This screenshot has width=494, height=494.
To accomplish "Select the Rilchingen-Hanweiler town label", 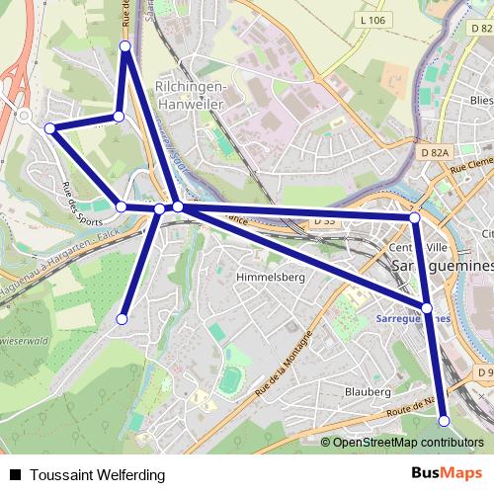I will (x=192, y=94).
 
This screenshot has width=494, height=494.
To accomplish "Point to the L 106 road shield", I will (x=371, y=20).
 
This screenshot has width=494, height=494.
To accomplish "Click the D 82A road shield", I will (x=434, y=152).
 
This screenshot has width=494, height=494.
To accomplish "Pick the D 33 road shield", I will (x=325, y=223).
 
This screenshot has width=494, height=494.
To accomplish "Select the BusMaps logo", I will (x=448, y=473).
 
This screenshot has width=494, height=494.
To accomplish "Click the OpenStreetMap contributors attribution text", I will (x=407, y=443).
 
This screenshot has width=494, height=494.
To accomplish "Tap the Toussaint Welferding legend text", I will (x=97, y=475).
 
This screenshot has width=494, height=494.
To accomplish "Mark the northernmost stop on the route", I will (x=125, y=46).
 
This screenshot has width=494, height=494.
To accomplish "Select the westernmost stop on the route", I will (x=50, y=128).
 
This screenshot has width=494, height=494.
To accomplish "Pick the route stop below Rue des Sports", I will (x=122, y=206).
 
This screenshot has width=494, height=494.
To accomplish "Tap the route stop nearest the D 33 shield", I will (x=415, y=216).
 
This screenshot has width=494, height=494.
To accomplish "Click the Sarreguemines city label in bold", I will (x=441, y=267).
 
